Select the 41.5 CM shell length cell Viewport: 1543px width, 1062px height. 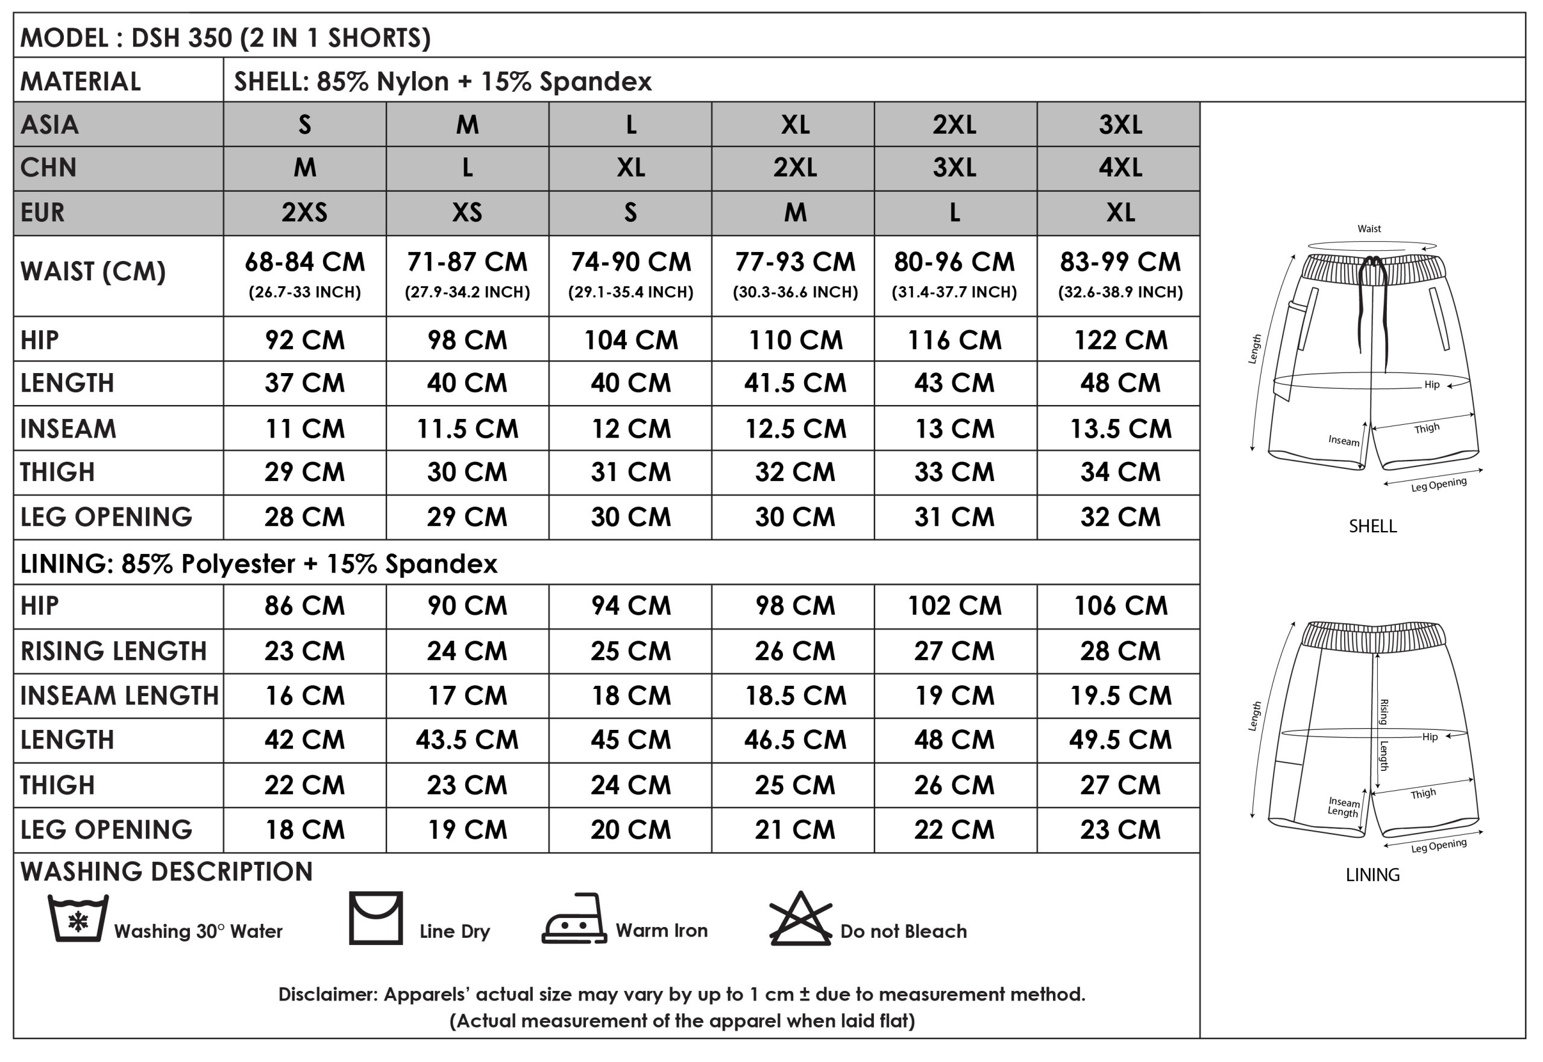[x=794, y=383]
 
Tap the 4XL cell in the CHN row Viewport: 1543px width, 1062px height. [x=1120, y=168]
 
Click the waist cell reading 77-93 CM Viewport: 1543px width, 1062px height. [x=794, y=263]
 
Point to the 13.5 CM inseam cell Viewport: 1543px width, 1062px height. [x=1120, y=429]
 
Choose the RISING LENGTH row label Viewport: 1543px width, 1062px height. [x=114, y=651]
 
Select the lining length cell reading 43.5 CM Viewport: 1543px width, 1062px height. [x=467, y=740]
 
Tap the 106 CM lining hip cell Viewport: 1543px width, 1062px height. [x=1120, y=606]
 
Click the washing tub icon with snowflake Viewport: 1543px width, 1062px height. [x=78, y=919]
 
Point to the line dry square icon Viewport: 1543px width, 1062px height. [x=376, y=919]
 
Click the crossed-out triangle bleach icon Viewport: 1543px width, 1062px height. [x=800, y=919]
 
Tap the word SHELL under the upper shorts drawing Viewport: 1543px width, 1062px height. [x=1372, y=526]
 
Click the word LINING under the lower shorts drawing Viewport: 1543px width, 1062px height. [x=1372, y=875]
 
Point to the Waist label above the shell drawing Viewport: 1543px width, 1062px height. [x=1369, y=229]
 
